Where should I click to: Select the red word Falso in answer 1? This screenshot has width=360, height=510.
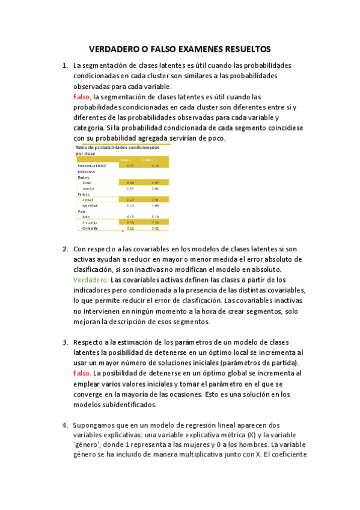(82, 97)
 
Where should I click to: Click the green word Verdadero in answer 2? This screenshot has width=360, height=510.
(91, 280)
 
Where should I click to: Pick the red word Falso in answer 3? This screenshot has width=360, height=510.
(82, 373)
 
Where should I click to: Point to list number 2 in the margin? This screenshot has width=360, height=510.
(65, 249)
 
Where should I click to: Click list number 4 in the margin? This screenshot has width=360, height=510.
(65, 425)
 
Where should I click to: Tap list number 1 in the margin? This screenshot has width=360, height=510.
(65, 66)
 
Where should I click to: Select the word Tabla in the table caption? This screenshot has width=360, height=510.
(82, 147)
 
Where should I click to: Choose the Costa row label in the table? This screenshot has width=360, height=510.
(87, 182)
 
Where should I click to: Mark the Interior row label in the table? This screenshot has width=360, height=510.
(88, 188)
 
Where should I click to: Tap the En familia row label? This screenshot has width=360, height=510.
(91, 228)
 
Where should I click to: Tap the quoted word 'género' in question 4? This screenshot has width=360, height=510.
(89, 445)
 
